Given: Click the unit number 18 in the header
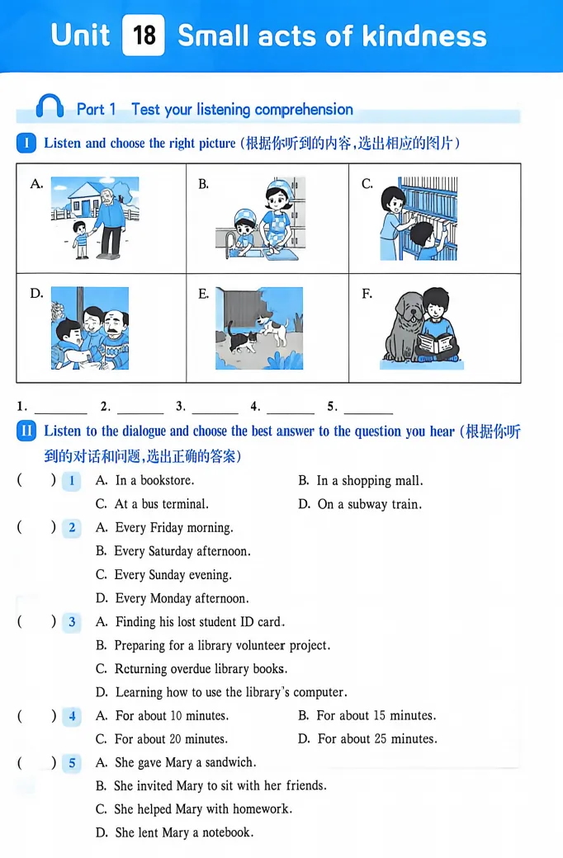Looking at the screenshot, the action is [x=144, y=35].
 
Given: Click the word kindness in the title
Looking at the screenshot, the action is [x=424, y=36].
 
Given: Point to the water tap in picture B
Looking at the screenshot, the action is [x=229, y=242].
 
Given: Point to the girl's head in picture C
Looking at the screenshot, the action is [x=393, y=200].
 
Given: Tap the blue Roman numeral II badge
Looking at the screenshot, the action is [x=26, y=431].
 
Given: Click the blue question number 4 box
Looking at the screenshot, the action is [x=72, y=716].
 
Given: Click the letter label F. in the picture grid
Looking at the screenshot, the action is [x=367, y=294].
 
